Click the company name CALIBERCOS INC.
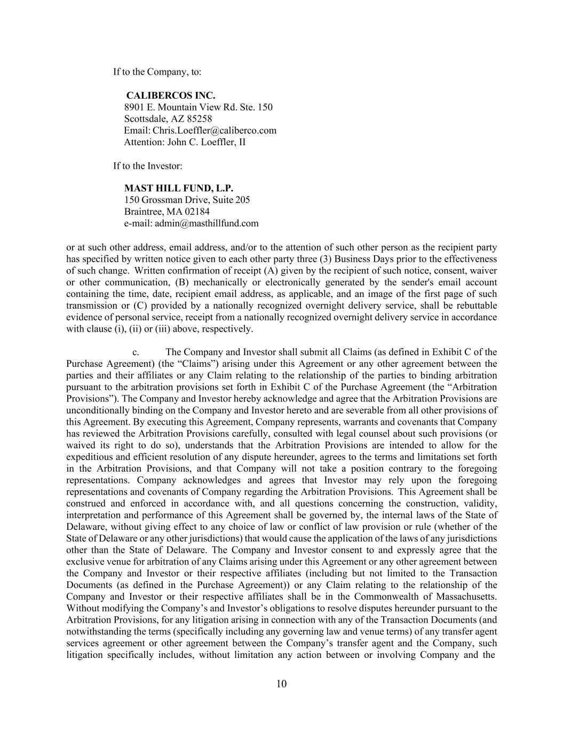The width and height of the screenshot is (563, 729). coord(170,96)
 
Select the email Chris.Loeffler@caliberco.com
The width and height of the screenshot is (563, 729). coord(215,130)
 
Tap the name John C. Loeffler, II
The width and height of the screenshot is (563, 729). coord(207,142)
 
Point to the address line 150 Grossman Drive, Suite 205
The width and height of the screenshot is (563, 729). coord(187,200)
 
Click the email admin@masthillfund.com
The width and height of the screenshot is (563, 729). coord(207,223)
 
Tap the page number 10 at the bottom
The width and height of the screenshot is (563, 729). coord(282,684)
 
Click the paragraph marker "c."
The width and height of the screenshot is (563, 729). coord(136,352)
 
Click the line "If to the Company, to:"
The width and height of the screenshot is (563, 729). coord(157,72)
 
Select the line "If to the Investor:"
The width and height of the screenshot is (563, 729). coord(148,166)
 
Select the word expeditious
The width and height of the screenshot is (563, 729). coord(88,457)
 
